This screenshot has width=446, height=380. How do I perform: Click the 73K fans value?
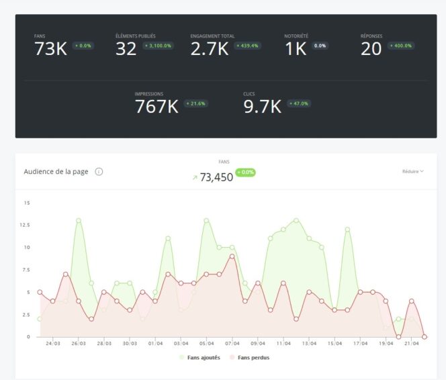50,49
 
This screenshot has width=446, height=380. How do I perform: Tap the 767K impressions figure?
157,107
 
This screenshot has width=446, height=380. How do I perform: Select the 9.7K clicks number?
262,107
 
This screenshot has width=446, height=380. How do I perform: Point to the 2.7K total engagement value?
210,49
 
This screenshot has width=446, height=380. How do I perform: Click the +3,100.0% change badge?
159,46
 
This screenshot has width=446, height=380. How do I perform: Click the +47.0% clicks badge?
299,103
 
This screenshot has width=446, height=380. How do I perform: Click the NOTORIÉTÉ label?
296,36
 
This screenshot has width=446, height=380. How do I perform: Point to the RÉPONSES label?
371,36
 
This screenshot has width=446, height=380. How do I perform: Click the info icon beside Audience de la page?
99,172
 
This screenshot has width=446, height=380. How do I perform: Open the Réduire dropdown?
412,172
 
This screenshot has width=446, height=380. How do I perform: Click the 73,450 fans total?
216,177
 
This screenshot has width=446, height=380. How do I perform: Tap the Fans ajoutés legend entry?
200,357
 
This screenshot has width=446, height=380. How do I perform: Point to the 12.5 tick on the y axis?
26,225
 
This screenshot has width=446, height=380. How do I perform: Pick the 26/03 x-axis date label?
79,343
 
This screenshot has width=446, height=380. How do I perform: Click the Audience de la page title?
56,172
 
